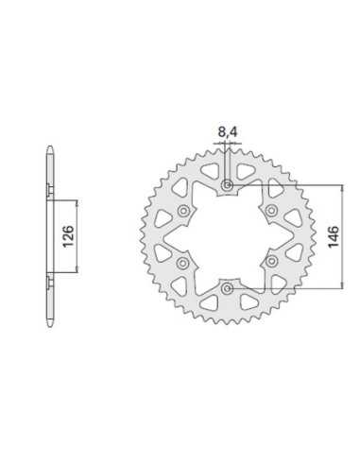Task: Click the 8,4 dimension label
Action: [x=228, y=132]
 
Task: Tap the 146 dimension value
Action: [x=334, y=236]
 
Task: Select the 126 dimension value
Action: [x=68, y=236]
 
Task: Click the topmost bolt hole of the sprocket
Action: [x=227, y=185]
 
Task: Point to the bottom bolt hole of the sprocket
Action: [x=227, y=288]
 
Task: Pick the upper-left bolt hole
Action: [x=183, y=211]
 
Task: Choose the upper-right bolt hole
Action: [x=271, y=211]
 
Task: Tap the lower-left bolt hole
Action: [x=182, y=263]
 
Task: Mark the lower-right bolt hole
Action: [x=271, y=262]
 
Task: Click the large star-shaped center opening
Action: [x=227, y=237]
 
